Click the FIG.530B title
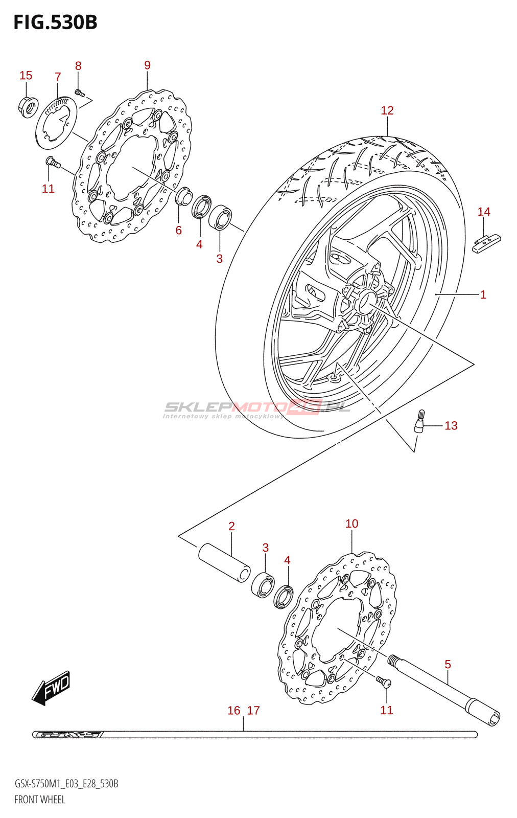pyautogui.click(x=55, y=22)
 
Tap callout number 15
pyautogui.click(x=26, y=76)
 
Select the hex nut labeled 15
pyautogui.click(x=28, y=106)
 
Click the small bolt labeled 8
pyautogui.click(x=79, y=93)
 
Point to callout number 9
pyautogui.click(x=147, y=65)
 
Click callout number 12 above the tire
pyautogui.click(x=387, y=110)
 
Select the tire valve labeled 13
pyautogui.click(x=419, y=422)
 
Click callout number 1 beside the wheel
pyautogui.click(x=483, y=294)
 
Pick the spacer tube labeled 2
pyautogui.click(x=224, y=562)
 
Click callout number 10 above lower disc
pyautogui.click(x=352, y=524)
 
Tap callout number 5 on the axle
pyautogui.click(x=448, y=664)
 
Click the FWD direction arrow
pyautogui.click(x=52, y=688)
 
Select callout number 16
pyautogui.click(x=233, y=711)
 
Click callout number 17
pyautogui.click(x=253, y=711)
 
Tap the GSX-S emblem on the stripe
pyautogui.click(x=67, y=735)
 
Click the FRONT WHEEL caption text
pyautogui.click(x=40, y=800)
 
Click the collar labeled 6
pyautogui.click(x=183, y=196)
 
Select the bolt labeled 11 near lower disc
pyautogui.click(x=383, y=681)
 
